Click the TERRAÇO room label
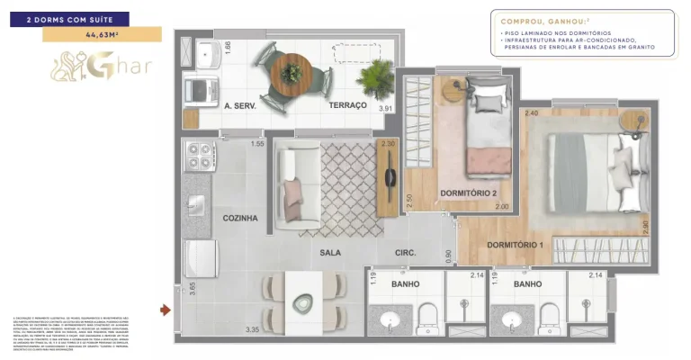347,105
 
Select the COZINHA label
240,218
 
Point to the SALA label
330,253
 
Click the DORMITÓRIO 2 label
468,193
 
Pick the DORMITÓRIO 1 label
515,245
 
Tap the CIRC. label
405,253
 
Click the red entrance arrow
165,310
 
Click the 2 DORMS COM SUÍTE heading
70,18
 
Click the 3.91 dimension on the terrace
386,109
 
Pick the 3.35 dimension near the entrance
253,329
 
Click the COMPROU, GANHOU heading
537,21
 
